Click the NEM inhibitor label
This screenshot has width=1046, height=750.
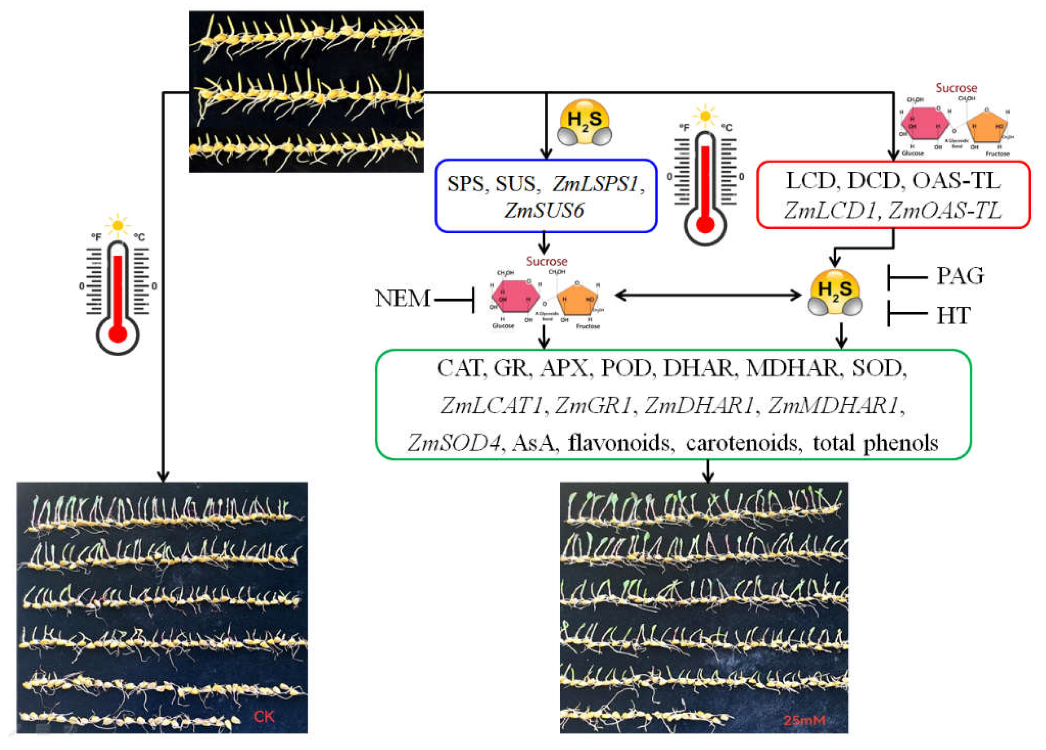click(402, 298)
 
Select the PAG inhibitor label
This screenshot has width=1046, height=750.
click(960, 276)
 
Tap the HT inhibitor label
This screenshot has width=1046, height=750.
click(953, 316)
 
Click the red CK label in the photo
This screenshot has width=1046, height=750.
click(264, 716)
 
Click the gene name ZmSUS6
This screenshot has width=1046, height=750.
click(544, 210)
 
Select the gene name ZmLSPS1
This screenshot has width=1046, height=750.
click(595, 184)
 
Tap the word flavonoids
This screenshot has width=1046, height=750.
click(619, 443)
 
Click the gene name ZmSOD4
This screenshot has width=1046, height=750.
click(454, 443)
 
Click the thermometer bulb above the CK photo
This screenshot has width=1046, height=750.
click(118, 334)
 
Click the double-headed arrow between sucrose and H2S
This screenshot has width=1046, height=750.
click(708, 295)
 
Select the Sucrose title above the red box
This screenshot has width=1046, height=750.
click(956, 88)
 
